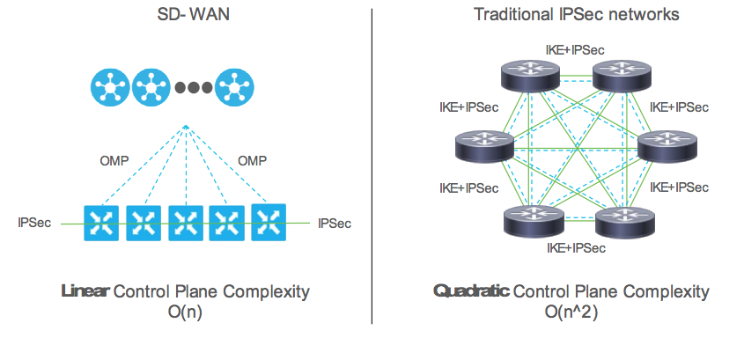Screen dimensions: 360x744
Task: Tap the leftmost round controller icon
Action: click(x=108, y=87)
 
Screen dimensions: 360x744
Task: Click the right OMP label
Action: click(x=253, y=161)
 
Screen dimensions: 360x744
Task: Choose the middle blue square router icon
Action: click(x=185, y=224)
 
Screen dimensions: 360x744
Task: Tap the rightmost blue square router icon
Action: click(x=269, y=221)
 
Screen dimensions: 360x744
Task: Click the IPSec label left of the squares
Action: click(x=34, y=223)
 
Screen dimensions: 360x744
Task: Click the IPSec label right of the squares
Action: click(x=335, y=224)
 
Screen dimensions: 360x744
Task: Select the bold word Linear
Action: click(x=85, y=291)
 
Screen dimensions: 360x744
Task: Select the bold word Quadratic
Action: click(x=471, y=291)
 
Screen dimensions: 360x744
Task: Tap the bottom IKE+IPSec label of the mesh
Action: click(x=576, y=248)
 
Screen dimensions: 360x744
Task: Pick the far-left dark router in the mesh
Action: click(x=483, y=146)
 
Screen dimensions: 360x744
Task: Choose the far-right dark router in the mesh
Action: click(x=667, y=146)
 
